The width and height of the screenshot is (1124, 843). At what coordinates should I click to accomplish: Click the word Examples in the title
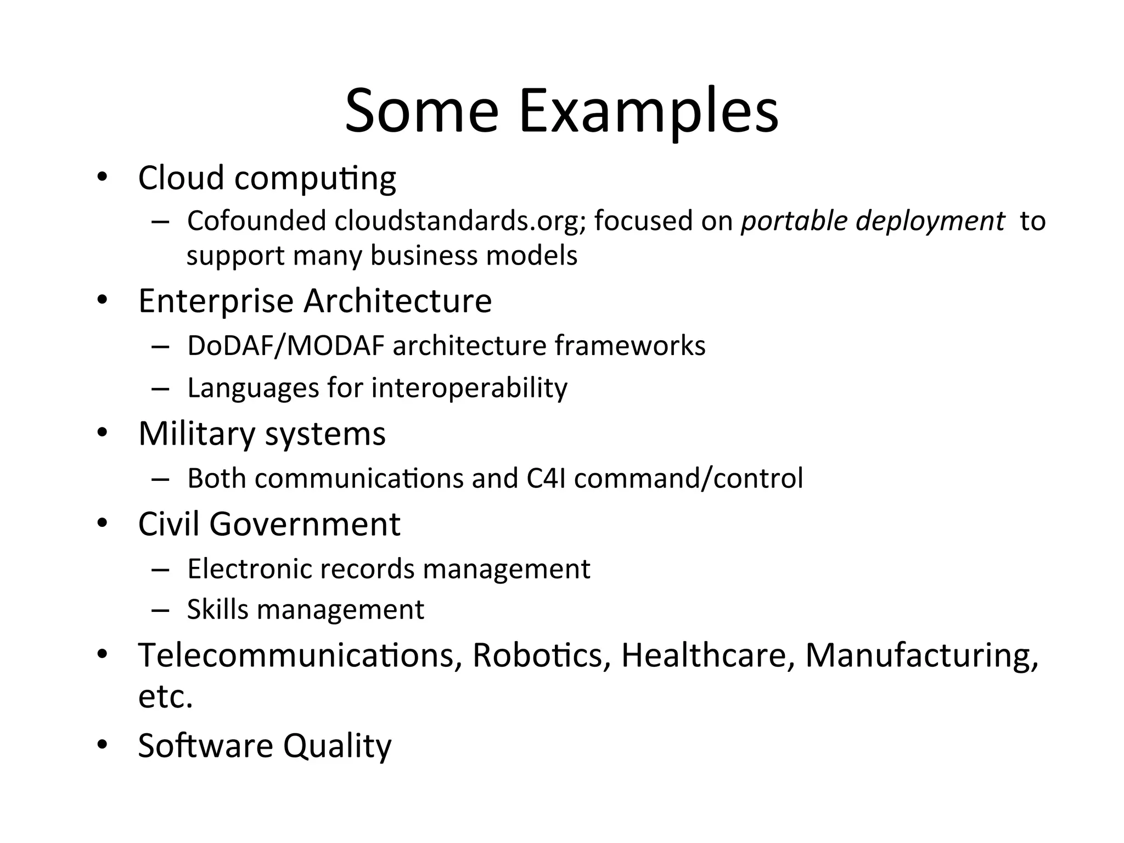tap(648, 111)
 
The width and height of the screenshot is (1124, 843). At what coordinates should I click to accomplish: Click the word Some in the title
tap(421, 111)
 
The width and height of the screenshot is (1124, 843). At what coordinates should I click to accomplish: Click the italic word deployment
tap(930, 221)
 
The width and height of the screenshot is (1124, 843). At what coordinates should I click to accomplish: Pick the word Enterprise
tap(216, 301)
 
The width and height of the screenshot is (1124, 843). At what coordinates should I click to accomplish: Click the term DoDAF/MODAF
tap(285, 346)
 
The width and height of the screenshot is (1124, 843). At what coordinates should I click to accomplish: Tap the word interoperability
tap(469, 388)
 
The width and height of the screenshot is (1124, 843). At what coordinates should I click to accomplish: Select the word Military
tap(197, 434)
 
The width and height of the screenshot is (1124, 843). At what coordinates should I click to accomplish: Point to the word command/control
tap(688, 478)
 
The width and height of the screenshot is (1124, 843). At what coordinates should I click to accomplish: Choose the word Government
tap(305, 524)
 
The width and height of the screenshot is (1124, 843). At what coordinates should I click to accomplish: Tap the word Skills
tap(218, 609)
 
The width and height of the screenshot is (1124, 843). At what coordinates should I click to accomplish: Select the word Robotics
tap(541, 655)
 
